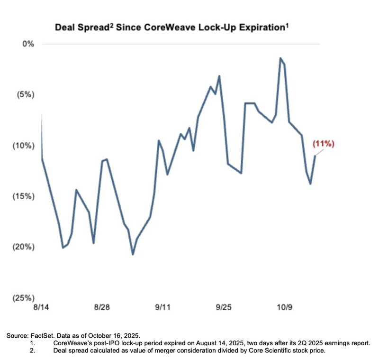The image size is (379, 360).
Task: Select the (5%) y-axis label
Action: click(26, 95)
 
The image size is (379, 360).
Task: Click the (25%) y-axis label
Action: click(24, 298)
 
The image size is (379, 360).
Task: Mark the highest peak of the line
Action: click(280, 58)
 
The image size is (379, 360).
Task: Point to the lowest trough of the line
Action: click(133, 254)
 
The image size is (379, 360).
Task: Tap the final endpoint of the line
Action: click(315, 156)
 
